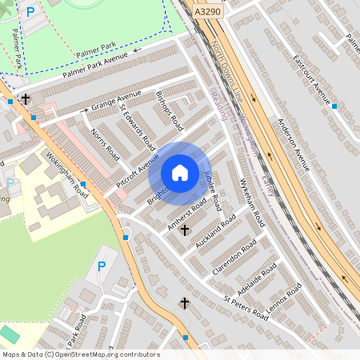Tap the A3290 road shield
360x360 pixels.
coord(207,11)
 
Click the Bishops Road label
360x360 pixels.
coord(169,110)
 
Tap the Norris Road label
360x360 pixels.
coord(105,146)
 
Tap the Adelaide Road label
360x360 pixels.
coord(257,278)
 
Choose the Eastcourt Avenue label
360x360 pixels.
coord(312,80)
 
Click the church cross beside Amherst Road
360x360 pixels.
coord(185,230)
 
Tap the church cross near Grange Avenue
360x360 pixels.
coord(26,100)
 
